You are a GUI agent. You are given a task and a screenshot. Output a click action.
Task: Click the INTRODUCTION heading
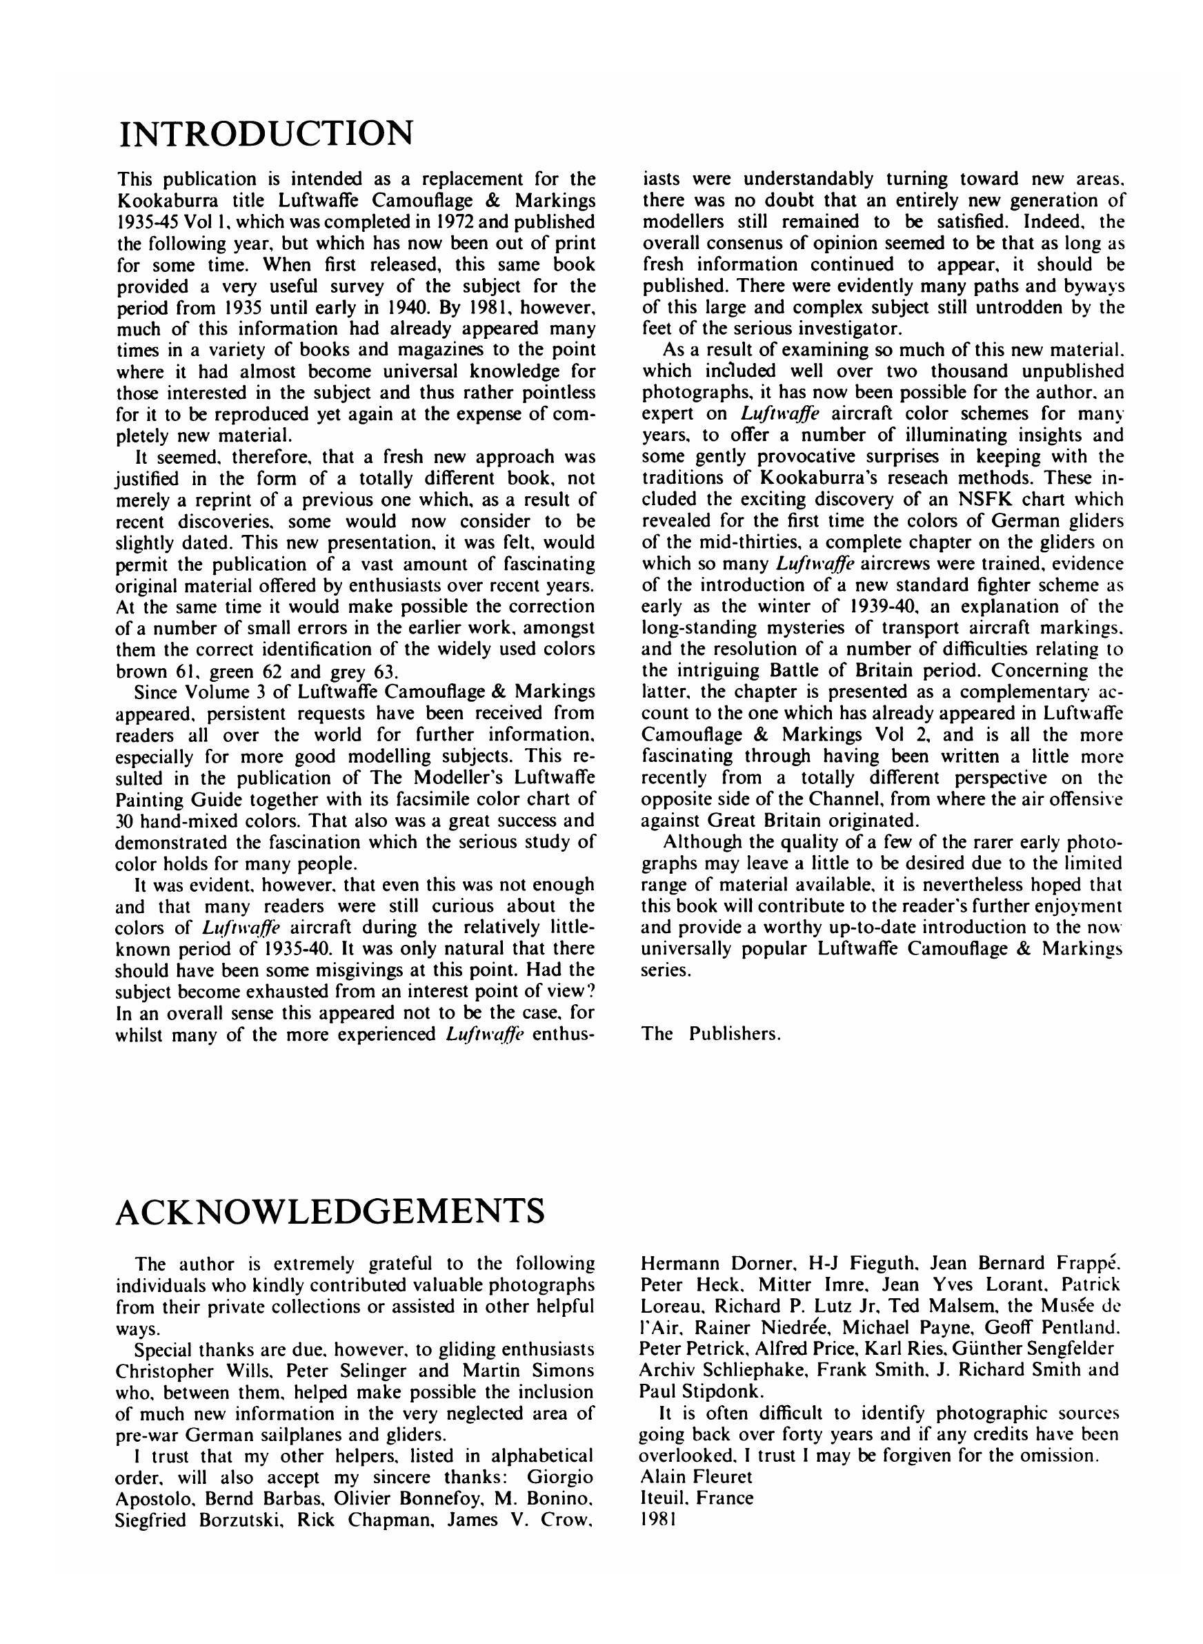[265, 133]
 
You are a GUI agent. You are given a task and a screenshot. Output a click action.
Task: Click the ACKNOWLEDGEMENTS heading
[330, 1211]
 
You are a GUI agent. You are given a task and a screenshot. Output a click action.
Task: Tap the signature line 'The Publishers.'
[710, 1034]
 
